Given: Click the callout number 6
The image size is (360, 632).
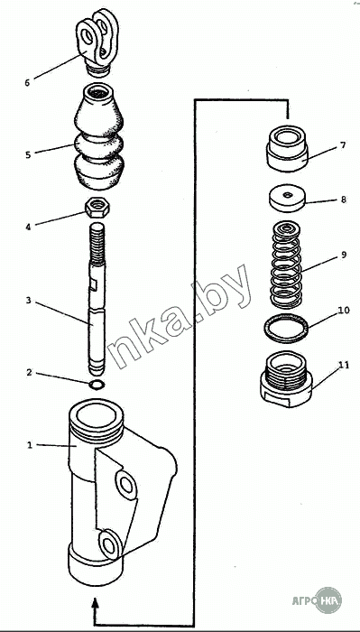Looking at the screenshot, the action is pos(27,83).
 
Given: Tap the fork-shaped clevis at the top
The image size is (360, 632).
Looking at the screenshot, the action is pos(97,42).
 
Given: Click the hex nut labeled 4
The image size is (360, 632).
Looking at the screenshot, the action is pos(97,208).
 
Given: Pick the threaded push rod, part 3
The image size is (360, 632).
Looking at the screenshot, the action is pos(97,299).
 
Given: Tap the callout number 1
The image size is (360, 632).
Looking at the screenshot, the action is pos(29,445).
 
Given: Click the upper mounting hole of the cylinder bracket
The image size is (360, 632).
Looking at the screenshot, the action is pos(125,485).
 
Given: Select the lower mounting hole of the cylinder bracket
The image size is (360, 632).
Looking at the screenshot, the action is pos(109,544).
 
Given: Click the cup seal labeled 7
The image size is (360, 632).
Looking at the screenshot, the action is pos(287,147).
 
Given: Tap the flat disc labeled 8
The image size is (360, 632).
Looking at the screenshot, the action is pos(287,198).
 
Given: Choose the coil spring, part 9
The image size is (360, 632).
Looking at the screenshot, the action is pos(286,265).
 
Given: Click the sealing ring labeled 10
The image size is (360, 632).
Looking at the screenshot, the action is pos(287,329).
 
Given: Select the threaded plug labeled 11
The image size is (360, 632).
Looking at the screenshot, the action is pos(286,379).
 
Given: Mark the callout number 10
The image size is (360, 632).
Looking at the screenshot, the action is pos(344,311).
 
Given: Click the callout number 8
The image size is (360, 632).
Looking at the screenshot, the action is pos(343,200).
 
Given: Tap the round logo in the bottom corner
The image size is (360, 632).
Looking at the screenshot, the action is pos(328,600).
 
